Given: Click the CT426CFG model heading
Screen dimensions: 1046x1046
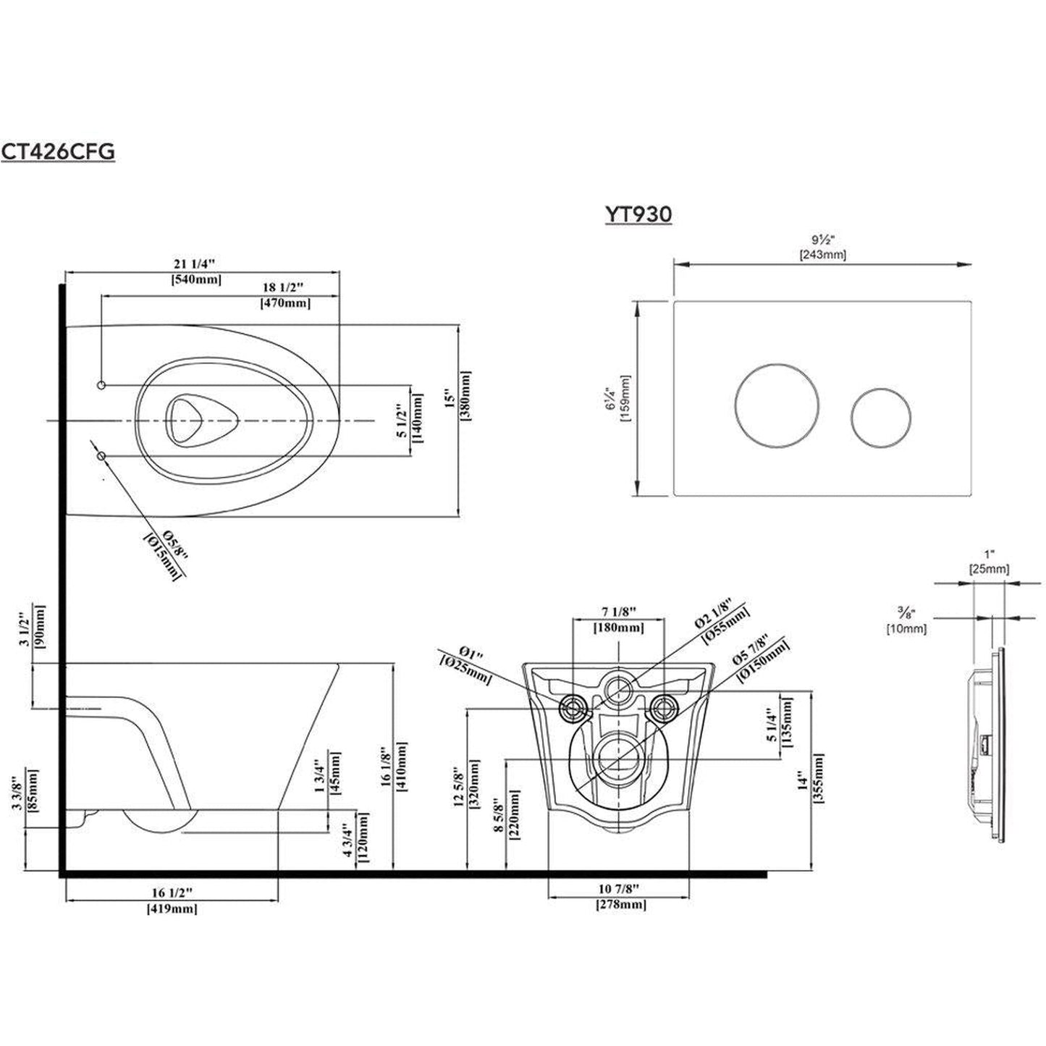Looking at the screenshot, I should coord(58,152).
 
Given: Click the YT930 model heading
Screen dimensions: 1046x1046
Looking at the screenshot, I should coord(638,214).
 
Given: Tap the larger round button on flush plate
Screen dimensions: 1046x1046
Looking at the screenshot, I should coord(777,406).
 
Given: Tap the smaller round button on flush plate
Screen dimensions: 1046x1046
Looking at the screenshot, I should coord(881,418).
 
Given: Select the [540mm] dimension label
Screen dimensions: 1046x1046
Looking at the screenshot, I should coord(196,279).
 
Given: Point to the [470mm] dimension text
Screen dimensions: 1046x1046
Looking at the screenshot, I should coord(285,303).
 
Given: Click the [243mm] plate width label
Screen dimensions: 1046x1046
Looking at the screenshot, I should coord(822,255).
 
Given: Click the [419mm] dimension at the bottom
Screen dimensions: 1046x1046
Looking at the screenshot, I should coord(172,908).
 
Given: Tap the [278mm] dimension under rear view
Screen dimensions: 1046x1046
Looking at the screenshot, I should coord(621,904).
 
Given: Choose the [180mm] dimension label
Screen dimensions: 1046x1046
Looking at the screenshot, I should coord(618,628).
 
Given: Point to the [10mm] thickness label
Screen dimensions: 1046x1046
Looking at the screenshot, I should coord(906,629).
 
